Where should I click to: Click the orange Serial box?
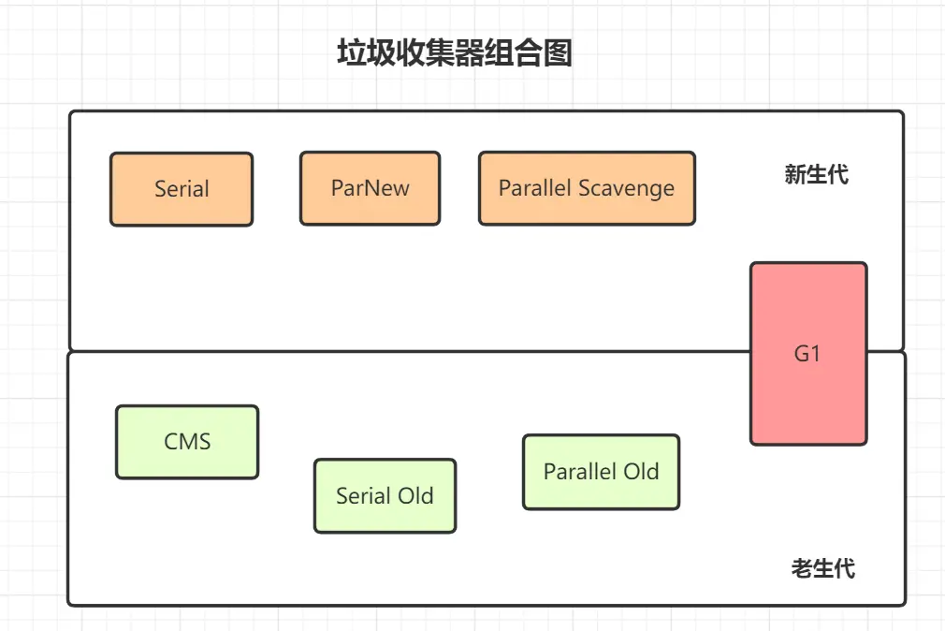coord(182,189)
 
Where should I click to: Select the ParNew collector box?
coord(370,188)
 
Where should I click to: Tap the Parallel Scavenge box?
coord(587,188)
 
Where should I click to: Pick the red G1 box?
coord(808,354)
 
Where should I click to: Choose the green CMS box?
coord(187,442)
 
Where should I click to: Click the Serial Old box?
coord(385,496)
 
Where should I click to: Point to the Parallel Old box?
coord(602,472)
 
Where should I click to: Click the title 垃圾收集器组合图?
coord(455,52)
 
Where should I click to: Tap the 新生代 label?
coord(817,174)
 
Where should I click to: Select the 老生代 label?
coord(823,568)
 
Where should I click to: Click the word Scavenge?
coord(626,189)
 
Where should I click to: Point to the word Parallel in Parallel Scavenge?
coord(534,187)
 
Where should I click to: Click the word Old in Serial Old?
coord(415,496)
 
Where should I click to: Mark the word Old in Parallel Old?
coord(641,472)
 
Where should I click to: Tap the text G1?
coord(807,354)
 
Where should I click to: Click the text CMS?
coord(187,442)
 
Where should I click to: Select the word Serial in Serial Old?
coord(364,496)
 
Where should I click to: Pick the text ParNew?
coord(370,188)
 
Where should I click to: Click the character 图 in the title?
coord(558,52)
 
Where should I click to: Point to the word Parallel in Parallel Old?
coord(580,472)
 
